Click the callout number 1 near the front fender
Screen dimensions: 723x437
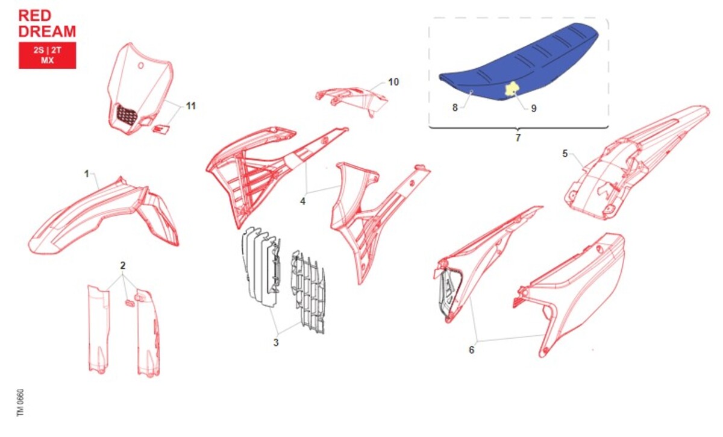tap(87, 174)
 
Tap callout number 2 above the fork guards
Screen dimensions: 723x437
tap(123, 265)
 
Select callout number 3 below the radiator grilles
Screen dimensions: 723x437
tap(276, 343)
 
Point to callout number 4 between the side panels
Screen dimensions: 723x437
tap(302, 201)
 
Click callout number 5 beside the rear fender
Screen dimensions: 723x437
tap(565, 154)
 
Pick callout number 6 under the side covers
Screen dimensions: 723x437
tap(472, 350)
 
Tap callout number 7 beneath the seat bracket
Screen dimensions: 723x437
tap(518, 138)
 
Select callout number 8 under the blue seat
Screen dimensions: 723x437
tap(455, 107)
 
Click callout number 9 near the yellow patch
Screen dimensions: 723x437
tap(534, 108)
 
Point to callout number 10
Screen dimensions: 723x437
tap(393, 82)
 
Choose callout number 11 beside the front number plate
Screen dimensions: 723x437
tap(191, 106)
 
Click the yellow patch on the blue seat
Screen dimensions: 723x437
tap(512, 89)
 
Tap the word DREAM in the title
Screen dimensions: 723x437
tap(47, 31)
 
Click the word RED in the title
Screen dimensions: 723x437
tap(35, 16)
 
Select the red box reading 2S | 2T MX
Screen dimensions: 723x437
tap(48, 55)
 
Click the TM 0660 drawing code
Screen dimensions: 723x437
tap(20, 403)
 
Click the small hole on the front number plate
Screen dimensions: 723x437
tap(141, 66)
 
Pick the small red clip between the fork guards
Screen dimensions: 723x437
tap(130, 304)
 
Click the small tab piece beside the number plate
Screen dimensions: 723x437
tap(161, 129)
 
